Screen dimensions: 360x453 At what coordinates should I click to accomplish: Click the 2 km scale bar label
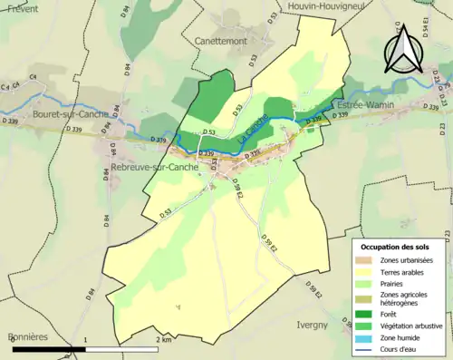coord(163,339)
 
